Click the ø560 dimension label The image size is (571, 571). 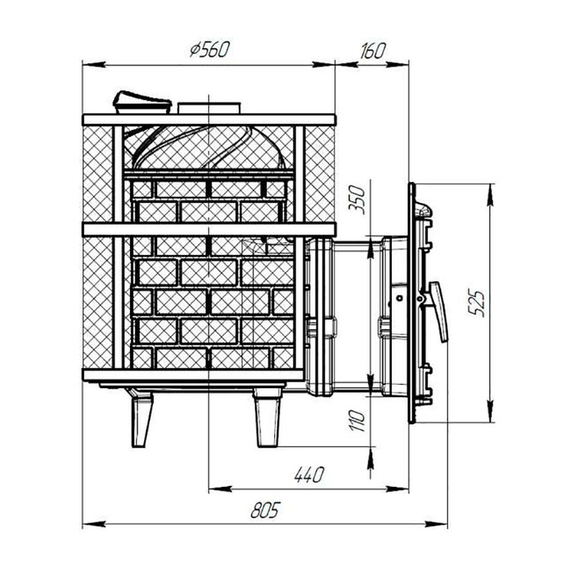[x=209, y=49]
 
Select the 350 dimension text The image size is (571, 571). [x=356, y=200]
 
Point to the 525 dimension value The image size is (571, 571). [x=477, y=303]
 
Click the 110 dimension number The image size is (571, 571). [x=357, y=421]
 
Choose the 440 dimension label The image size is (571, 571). [x=309, y=475]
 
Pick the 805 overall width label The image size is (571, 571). [x=266, y=510]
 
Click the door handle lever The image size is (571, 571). [x=439, y=311]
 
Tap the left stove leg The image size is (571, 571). [x=141, y=419]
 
